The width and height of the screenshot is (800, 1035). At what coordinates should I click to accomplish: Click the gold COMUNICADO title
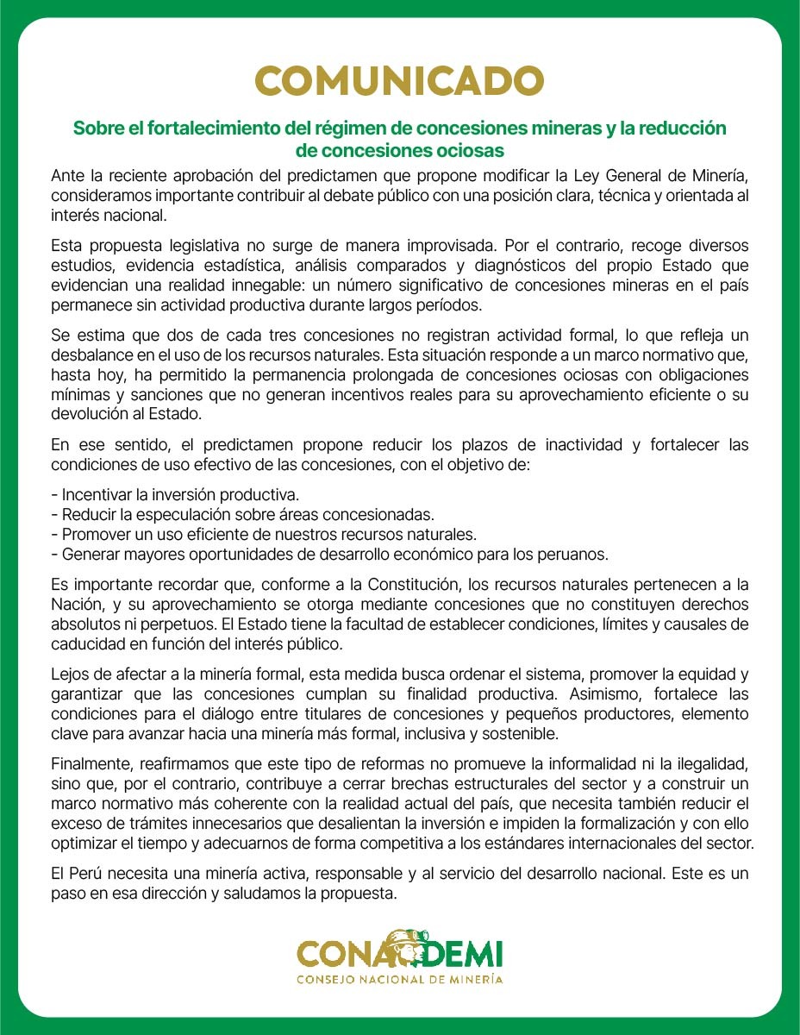click(x=399, y=81)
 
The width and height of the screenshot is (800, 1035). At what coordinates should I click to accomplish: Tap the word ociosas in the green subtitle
click(x=463, y=150)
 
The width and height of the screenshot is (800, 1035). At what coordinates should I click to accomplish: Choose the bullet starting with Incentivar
click(x=175, y=495)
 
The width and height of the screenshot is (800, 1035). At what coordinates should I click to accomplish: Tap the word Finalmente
click(x=91, y=766)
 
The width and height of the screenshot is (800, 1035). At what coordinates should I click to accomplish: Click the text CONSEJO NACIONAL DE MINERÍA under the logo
click(x=400, y=979)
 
